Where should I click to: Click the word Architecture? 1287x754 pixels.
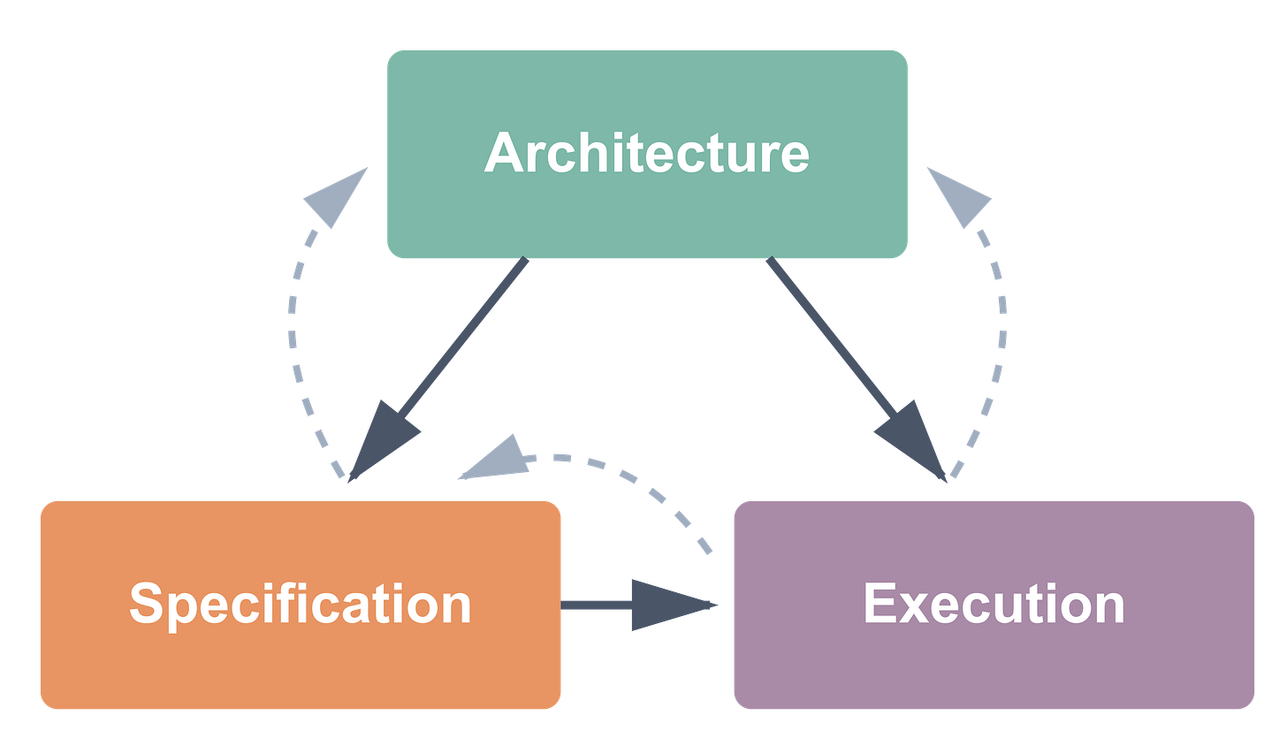pos(646,153)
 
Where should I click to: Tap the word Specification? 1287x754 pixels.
pos(301,604)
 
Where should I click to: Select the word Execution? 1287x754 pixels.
pos(994,604)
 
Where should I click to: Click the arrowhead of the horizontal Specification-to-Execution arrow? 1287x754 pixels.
pos(667,605)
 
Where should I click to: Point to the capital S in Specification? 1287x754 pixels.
pos(146,604)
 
